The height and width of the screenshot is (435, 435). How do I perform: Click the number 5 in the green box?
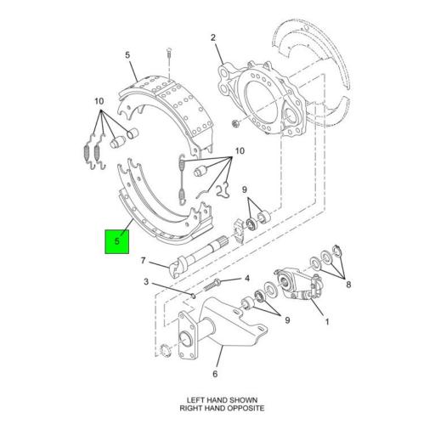[x=118, y=242]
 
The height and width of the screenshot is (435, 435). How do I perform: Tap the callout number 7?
[x=144, y=260]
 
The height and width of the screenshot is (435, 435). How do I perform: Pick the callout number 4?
[x=246, y=278]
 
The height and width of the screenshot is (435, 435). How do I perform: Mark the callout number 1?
[x=325, y=322]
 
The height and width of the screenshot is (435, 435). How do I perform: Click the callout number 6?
[x=215, y=373]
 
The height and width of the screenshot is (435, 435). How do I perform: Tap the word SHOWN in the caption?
[x=239, y=399]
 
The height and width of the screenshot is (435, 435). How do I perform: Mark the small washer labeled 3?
[x=195, y=296]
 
